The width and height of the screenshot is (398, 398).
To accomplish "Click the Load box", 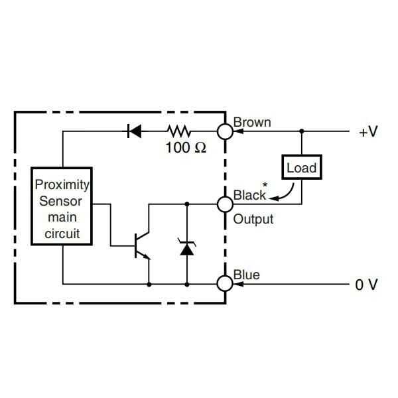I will click(302, 168).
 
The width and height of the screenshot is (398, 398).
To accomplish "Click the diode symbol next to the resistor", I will click(135, 131).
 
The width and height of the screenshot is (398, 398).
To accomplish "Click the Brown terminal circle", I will click(225, 131).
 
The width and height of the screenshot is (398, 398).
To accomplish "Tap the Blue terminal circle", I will click(225, 284).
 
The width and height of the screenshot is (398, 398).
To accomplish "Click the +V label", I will click(367, 131).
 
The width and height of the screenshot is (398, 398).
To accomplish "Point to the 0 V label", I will click(366, 285).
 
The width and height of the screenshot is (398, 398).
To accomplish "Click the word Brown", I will click(252, 123).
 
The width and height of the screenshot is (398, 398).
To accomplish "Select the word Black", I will click(249, 195).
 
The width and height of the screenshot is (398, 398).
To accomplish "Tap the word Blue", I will click(246, 275).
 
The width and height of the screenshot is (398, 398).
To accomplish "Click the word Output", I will click(253, 219).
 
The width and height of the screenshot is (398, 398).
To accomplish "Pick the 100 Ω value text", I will click(186, 148).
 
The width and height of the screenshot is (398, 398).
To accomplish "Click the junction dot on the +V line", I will click(302, 131).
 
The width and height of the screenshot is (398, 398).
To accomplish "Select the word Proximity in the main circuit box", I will click(62, 184).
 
